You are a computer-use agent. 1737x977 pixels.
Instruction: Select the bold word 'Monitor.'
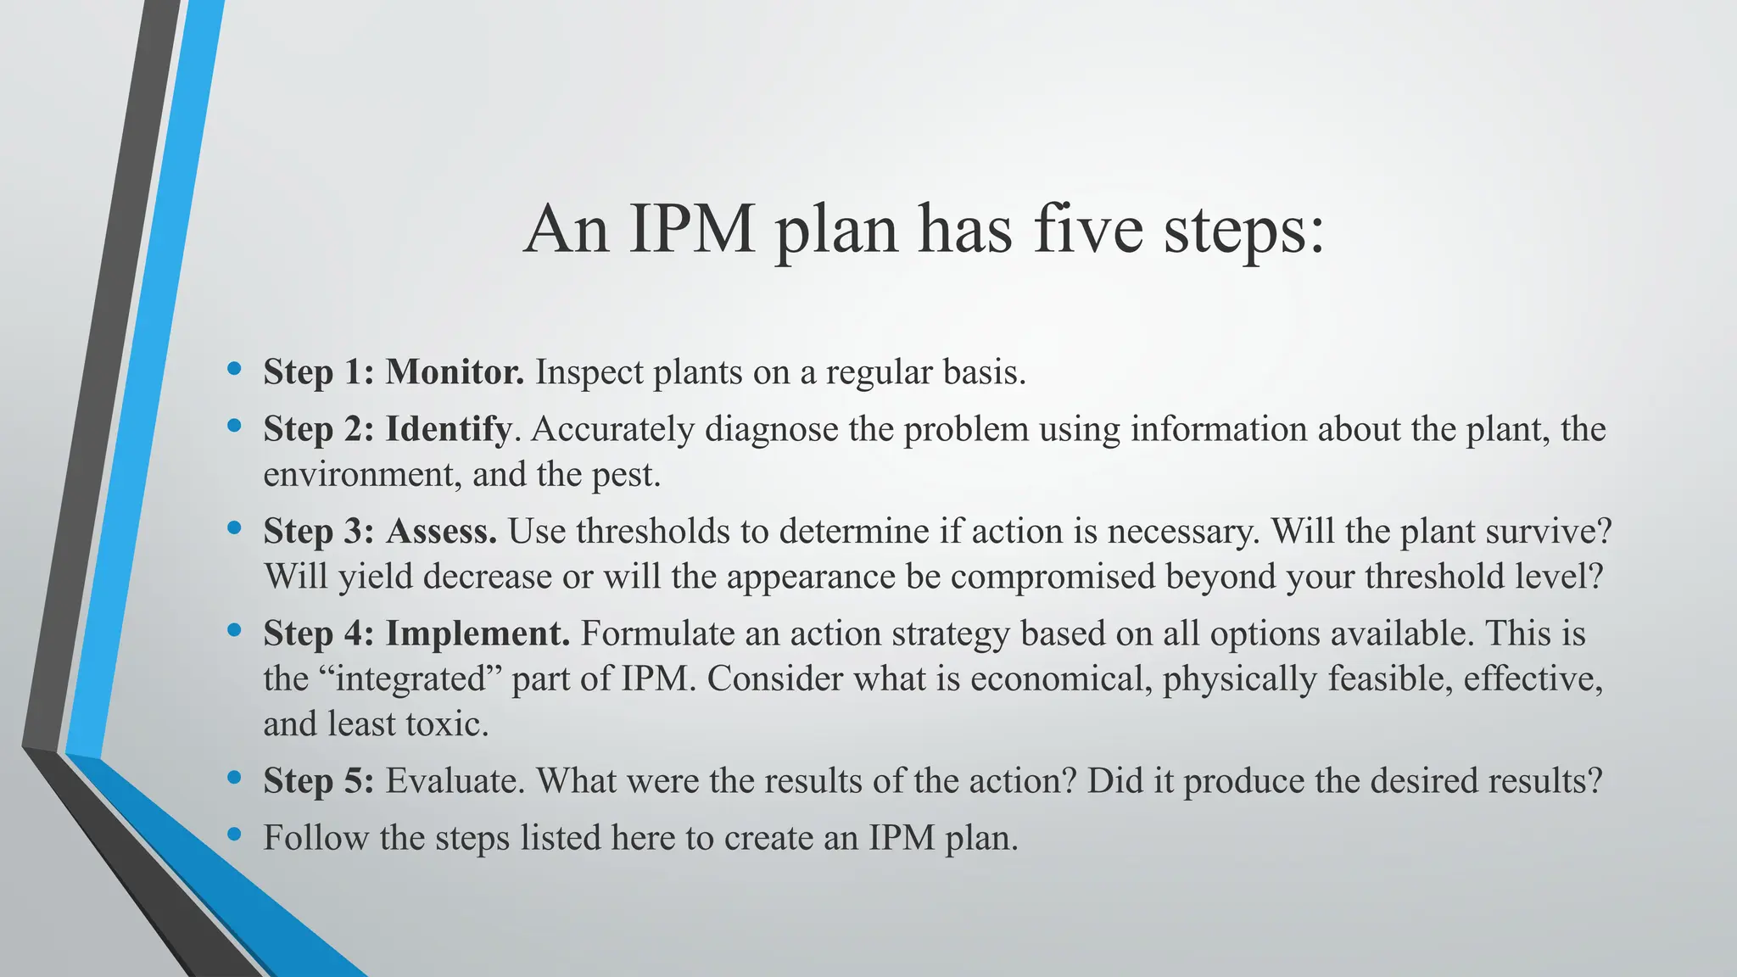(455, 372)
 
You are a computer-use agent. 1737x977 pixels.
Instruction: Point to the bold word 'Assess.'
(442, 532)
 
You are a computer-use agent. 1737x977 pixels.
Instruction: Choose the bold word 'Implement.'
(478, 634)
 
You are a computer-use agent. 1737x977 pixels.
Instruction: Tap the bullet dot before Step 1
(234, 369)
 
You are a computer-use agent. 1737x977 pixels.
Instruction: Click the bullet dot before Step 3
(234, 528)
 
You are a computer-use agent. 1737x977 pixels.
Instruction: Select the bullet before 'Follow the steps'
(234, 835)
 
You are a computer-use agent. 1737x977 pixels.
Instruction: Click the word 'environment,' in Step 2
(362, 475)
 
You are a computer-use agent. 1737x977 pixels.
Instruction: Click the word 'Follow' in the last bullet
(316, 838)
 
